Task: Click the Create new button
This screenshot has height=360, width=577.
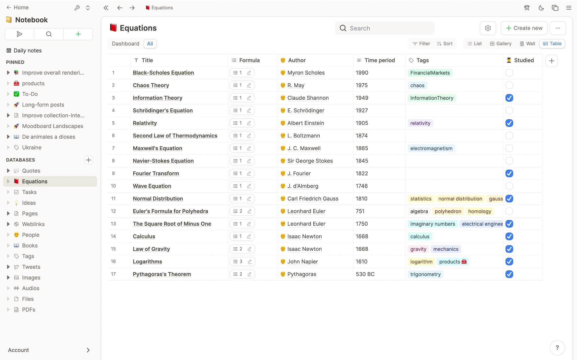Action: point(524,28)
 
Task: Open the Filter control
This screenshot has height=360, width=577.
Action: point(421,44)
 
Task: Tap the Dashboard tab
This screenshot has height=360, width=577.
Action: point(125,44)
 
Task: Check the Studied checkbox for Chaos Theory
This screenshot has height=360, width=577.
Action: point(509,85)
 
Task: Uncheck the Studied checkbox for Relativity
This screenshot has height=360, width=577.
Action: point(509,123)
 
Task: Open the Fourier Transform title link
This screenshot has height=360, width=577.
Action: point(156,173)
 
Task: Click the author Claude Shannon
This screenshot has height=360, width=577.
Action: point(308,98)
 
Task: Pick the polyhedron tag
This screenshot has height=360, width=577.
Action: point(448,211)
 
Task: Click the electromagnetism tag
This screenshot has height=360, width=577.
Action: point(431,148)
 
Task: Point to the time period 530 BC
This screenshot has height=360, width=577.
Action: point(365,274)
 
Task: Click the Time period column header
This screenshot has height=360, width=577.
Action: point(379,60)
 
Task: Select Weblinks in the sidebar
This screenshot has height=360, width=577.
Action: point(33,224)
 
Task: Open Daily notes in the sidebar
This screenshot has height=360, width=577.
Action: point(27,51)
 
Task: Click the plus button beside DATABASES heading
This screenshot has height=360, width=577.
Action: point(89,160)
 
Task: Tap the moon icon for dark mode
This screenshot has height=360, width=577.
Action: point(541,8)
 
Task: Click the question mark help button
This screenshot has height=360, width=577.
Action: point(557,347)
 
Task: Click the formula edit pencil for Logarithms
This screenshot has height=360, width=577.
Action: point(250,262)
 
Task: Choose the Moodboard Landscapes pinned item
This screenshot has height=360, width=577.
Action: point(53,126)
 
